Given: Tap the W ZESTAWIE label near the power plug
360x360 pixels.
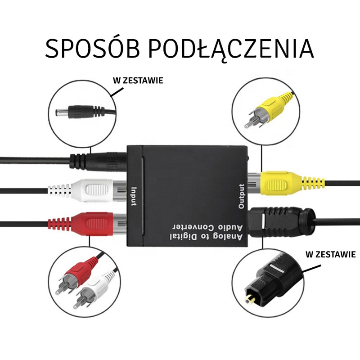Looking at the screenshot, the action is point(138,81).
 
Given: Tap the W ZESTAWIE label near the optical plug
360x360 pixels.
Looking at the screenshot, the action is point(330,254).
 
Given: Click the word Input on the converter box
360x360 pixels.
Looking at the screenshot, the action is point(134,197).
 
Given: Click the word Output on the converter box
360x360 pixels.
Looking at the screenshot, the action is point(241,197).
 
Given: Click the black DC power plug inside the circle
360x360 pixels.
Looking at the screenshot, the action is point(85,112).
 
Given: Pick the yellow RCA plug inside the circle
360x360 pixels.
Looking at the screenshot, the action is point(269,109).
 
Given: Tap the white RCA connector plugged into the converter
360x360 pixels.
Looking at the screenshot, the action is point(87,190).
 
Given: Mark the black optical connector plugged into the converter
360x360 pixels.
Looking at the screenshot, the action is point(282,221).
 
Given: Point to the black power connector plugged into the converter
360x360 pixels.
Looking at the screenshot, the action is point(98,162).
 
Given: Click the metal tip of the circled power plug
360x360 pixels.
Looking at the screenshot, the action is point(59,112).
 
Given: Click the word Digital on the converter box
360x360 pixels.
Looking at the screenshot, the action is point(183,237).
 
